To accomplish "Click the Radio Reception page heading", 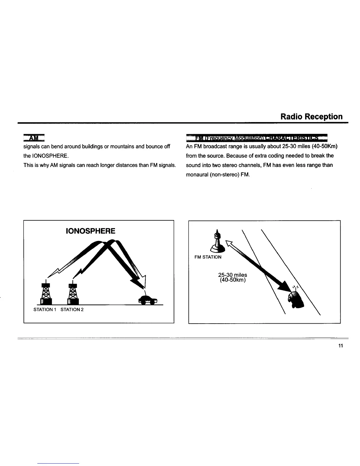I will pyautogui.click(x=311, y=116).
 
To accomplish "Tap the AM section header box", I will pyautogui.click(x=34, y=138).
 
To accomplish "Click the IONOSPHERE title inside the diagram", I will pyautogui.click(x=90, y=231).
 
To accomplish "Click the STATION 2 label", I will pyautogui.click(x=72, y=309).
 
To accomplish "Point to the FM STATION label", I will pyautogui.click(x=208, y=257).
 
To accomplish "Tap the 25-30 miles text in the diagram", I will pyautogui.click(x=233, y=275).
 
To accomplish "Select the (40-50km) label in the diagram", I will pyautogui.click(x=233, y=280).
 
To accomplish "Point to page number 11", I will pyautogui.click(x=341, y=346).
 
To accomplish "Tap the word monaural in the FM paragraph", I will pyautogui.click(x=198, y=174).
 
